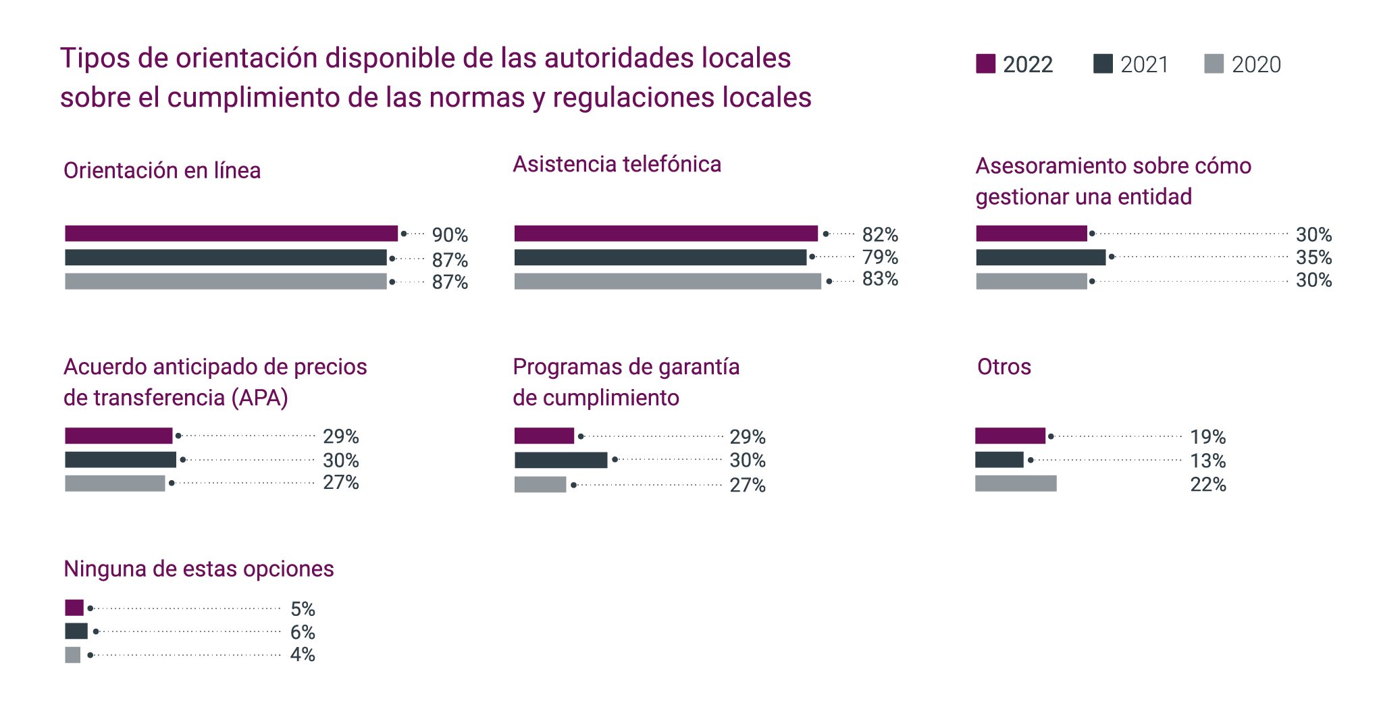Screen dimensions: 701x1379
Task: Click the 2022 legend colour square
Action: point(985,63)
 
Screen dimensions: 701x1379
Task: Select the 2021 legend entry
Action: point(1131,64)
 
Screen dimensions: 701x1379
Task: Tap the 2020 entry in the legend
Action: point(1243,64)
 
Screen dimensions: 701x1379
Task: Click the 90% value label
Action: point(450,235)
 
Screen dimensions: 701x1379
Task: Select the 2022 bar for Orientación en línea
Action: point(231,234)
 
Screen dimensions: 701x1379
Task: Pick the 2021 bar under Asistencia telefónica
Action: point(660,257)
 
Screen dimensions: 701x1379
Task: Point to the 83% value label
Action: point(880,279)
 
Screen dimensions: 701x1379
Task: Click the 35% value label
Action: point(1313,257)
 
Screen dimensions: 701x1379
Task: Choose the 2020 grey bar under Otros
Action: point(1016,484)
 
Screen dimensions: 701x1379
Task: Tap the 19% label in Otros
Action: point(1207,437)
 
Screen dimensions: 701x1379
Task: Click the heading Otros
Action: point(1004,367)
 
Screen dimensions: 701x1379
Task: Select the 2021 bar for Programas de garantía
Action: point(561,461)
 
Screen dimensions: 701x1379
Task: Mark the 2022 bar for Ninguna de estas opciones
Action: point(74,608)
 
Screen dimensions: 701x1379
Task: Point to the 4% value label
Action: point(303,654)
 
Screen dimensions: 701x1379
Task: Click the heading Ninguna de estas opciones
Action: point(199,569)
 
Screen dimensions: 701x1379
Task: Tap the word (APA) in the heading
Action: point(260,398)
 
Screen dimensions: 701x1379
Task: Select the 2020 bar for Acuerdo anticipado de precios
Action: point(115,484)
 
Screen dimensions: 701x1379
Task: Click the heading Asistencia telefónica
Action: point(617,164)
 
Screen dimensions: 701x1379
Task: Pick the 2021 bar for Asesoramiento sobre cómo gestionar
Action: point(1040,257)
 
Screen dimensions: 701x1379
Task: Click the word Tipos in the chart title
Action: point(95,58)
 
